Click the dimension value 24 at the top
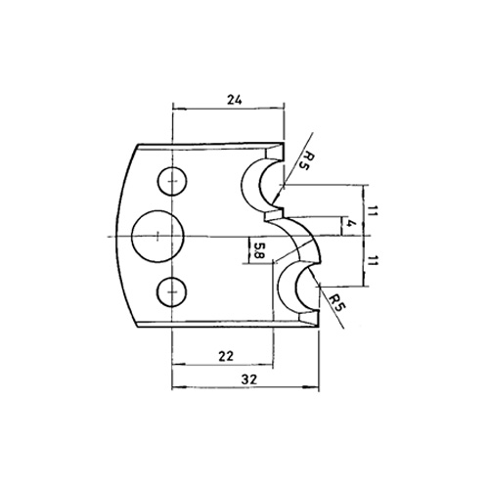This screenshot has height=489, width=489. (235, 100)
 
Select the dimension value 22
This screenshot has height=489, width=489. (226, 356)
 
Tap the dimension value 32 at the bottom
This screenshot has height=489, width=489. (249, 379)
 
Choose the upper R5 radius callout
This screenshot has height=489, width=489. (302, 161)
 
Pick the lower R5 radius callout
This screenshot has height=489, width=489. (336, 303)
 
